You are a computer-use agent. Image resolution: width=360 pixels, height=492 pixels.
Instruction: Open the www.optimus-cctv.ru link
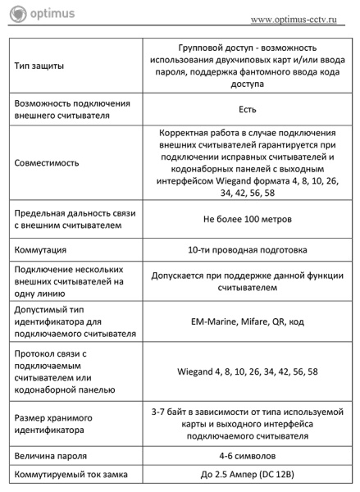(295, 18)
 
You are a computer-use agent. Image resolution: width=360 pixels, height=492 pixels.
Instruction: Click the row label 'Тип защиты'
(39, 65)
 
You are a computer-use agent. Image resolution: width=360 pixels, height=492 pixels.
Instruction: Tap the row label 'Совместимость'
(47, 162)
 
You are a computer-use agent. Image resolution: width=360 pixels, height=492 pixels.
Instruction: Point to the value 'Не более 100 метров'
(247, 219)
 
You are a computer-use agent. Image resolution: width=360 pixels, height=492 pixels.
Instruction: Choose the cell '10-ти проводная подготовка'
(247, 249)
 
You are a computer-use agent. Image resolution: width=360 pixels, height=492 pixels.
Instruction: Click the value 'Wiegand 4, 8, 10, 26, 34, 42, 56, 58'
(247, 371)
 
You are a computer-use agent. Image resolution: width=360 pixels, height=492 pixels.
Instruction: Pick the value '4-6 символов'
(247, 453)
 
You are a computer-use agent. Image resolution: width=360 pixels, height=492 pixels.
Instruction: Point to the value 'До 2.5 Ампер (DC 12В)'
(247, 475)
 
